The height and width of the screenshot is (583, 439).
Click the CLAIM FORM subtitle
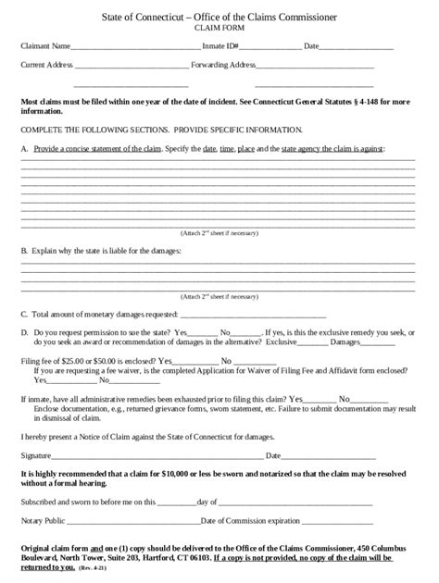click(219, 30)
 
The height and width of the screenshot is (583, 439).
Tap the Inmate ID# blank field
click(270, 47)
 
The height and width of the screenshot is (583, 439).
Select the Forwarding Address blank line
click(315, 68)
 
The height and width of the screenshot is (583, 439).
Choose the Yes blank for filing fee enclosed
click(193, 362)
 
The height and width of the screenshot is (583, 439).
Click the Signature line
click(157, 457)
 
